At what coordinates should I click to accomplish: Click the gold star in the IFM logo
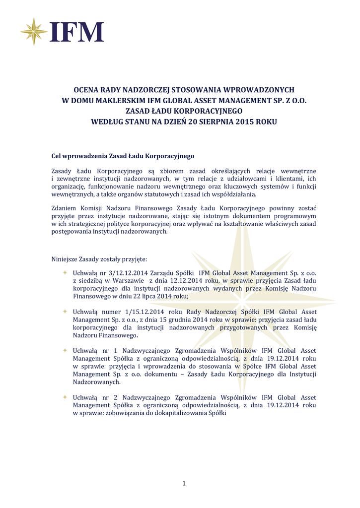(33, 31)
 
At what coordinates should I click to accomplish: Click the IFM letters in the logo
(76, 32)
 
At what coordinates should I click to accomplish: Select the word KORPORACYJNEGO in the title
(200, 111)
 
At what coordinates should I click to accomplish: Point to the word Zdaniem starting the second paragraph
(65, 208)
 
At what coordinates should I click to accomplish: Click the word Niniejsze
(67, 259)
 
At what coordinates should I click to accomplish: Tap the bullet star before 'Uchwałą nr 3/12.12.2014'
(65, 273)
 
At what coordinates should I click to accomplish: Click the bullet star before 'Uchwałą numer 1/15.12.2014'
(65, 312)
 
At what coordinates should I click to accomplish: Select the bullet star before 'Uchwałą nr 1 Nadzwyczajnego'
(65, 350)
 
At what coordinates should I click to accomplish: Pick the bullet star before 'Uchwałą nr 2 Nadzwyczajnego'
(65, 397)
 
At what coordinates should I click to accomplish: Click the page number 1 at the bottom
(184, 484)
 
